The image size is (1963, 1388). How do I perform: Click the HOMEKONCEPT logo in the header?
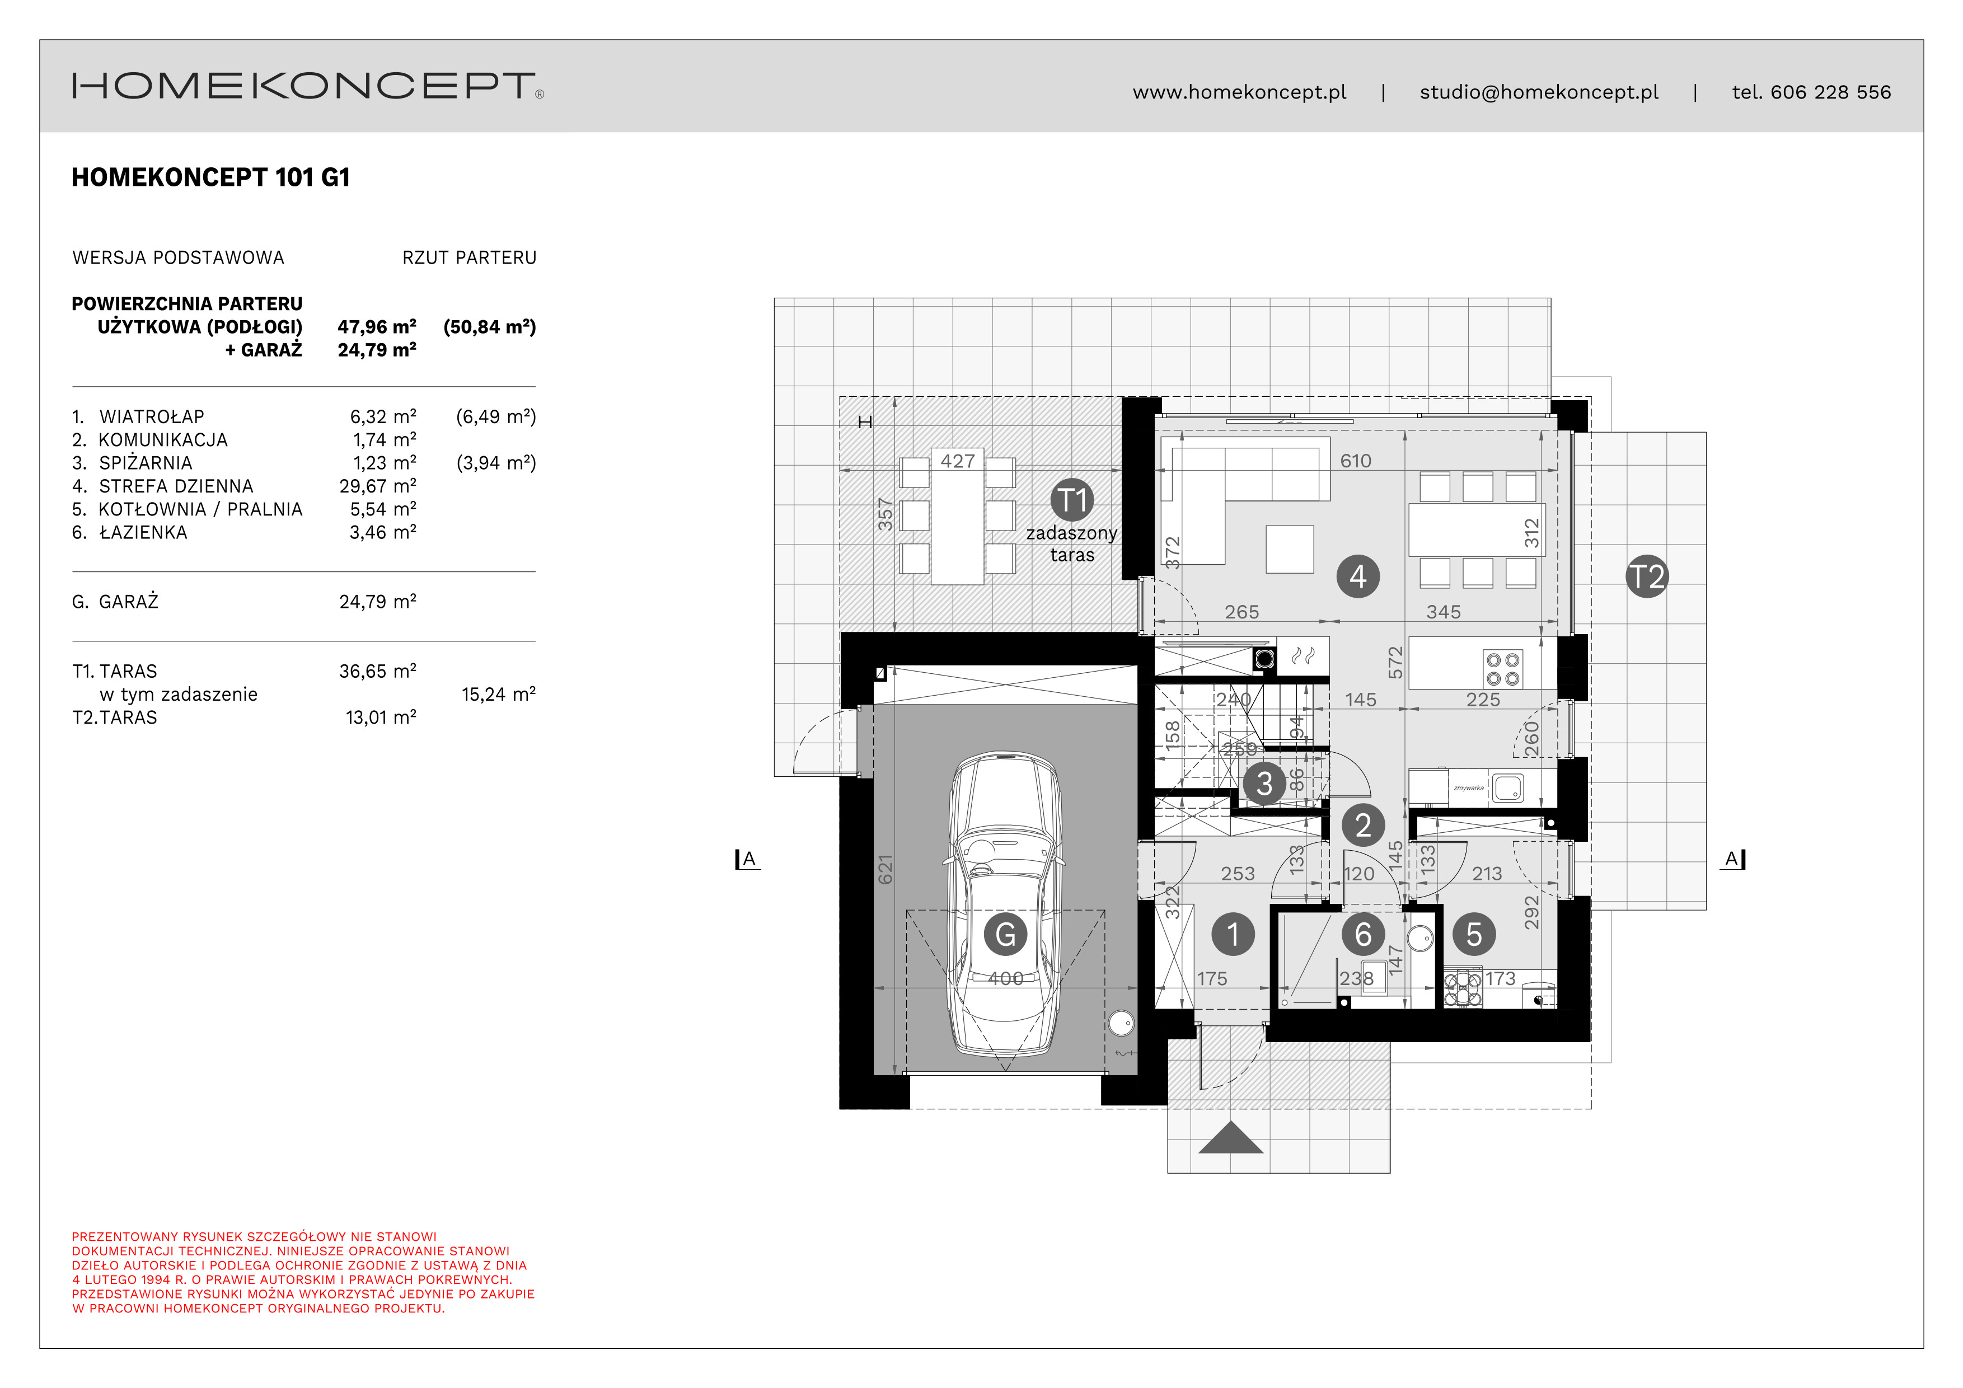pyautogui.click(x=308, y=86)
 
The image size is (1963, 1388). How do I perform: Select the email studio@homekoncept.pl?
pyautogui.click(x=1539, y=92)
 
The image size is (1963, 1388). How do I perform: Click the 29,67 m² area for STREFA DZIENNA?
pyautogui.click(x=377, y=485)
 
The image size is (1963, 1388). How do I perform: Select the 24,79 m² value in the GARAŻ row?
pyautogui.click(x=377, y=601)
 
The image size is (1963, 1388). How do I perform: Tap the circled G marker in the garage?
pyautogui.click(x=1005, y=934)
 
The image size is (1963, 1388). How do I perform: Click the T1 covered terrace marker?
pyautogui.click(x=1072, y=500)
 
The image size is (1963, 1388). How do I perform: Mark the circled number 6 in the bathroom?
pyautogui.click(x=1363, y=934)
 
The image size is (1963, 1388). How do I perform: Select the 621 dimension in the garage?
pyautogui.click(x=885, y=869)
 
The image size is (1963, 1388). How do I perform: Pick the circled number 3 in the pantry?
pyautogui.click(x=1264, y=783)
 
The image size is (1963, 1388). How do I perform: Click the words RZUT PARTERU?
pyautogui.click(x=470, y=257)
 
